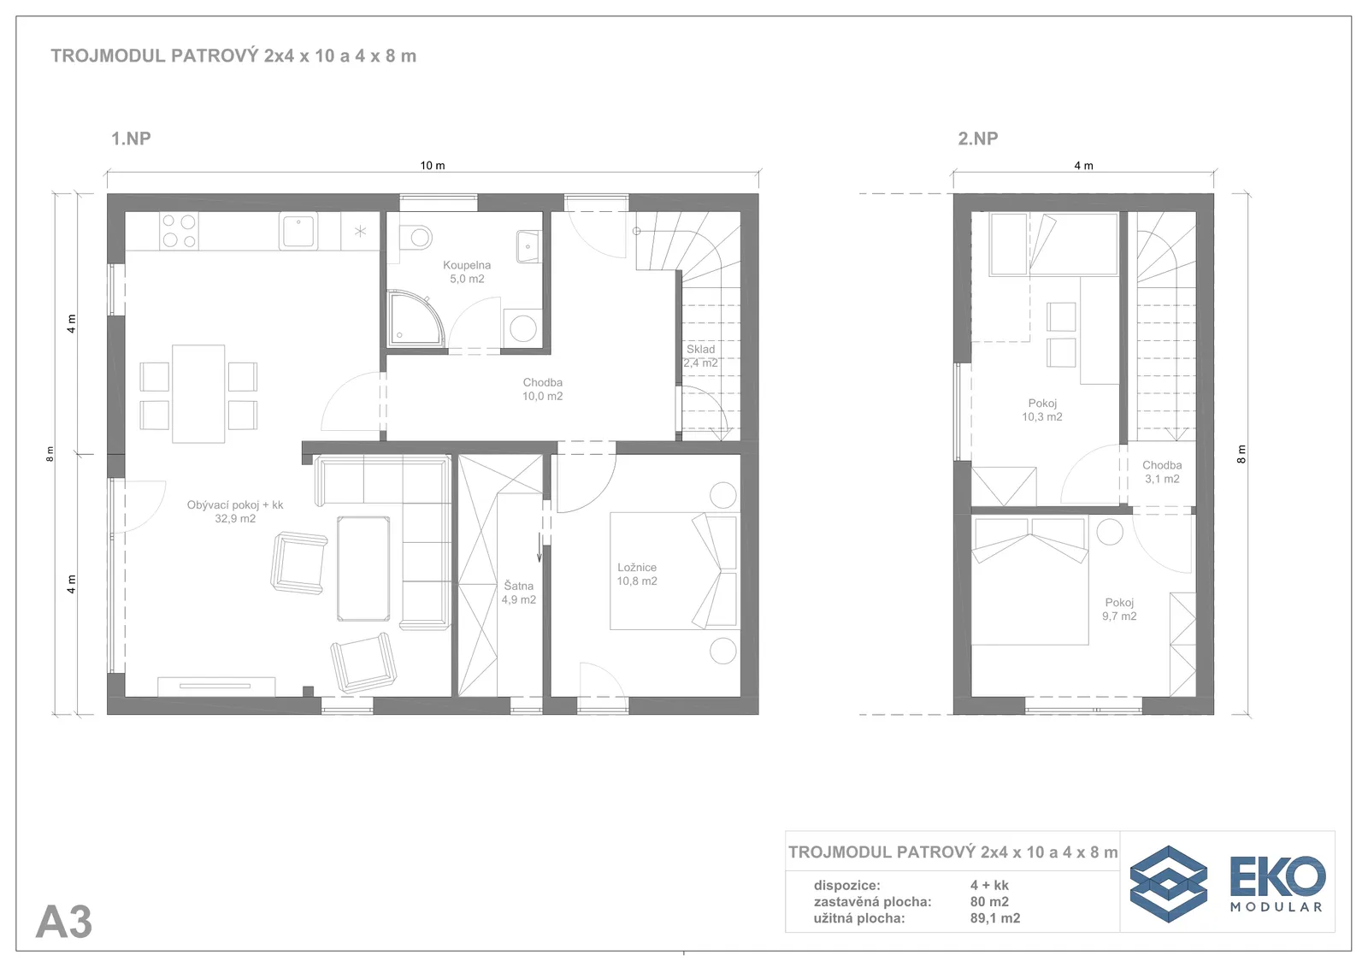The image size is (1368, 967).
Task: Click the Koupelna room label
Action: pos(467,272)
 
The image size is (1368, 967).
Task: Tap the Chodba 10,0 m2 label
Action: pos(542,389)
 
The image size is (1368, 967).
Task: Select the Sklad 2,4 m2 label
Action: pos(700,357)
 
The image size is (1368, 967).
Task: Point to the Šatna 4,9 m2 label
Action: pos(518,593)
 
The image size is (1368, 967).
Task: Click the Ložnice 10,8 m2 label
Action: pos(637,575)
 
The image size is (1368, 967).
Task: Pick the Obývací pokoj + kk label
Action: pos(235,505)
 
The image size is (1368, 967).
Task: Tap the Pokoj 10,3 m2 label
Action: pos(1042,410)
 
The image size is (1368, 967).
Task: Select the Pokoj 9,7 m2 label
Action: pos(1119,609)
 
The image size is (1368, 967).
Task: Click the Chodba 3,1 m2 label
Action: pos(1162,472)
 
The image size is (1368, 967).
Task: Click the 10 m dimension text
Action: pos(433,166)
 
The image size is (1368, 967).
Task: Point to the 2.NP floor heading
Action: pos(978,139)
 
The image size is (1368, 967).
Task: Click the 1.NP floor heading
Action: pos(131,139)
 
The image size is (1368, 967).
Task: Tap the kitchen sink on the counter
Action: pos(298,230)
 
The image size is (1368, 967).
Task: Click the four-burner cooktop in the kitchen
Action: pos(179,231)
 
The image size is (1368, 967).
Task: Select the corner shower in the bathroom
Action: pos(416,319)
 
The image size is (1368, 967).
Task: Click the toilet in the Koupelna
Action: pos(416,237)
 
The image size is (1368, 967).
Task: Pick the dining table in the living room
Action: pos(198,393)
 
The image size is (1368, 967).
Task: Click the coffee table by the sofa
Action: pos(363,568)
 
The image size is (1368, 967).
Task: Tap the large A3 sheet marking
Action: pos(64,922)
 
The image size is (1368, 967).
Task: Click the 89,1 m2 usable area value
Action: pos(995,918)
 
